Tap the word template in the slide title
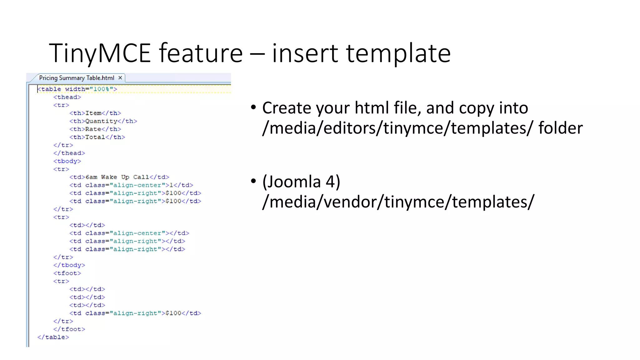398,53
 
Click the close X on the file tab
120,78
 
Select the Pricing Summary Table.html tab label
77,78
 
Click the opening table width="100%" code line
77,89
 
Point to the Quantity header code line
103,121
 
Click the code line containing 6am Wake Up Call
119,177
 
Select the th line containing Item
95,113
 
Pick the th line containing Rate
95,129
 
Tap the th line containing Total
97,137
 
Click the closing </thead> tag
69,153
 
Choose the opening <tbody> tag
67,161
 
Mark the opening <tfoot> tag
67,273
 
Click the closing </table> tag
53,337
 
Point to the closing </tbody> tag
69,265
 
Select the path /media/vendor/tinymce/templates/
398,202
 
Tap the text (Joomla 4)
301,182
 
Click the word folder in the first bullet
560,128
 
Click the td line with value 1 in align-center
131,185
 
